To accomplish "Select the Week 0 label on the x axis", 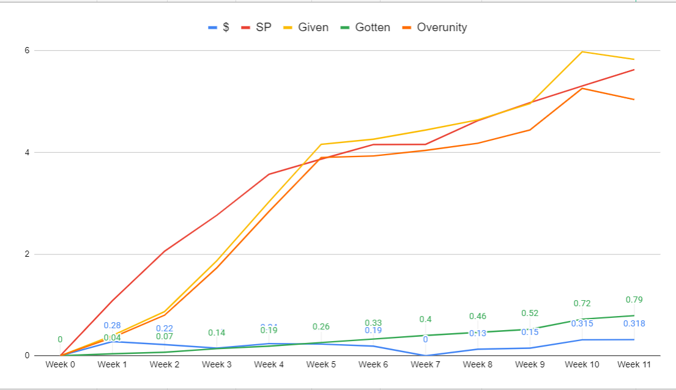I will (60, 365).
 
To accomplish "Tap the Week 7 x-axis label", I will (425, 365).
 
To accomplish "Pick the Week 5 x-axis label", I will (321, 365).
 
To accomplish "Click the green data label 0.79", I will (634, 300).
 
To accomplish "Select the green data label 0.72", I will (582, 303).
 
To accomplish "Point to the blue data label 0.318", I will (634, 323).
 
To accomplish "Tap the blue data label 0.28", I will (112, 326).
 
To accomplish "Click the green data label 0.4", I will (425, 319).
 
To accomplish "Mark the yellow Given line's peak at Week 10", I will (582, 51).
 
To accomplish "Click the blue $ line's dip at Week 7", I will (425, 355).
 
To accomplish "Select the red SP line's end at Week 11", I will (634, 70).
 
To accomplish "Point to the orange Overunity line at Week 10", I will (582, 89).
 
